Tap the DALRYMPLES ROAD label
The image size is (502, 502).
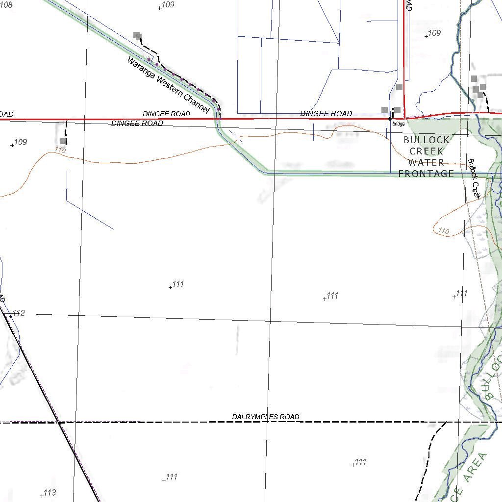265,417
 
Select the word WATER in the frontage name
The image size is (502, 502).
426,162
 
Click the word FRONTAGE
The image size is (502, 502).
426,174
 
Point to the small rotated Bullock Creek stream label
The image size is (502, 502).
474,178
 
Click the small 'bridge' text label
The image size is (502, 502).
399,125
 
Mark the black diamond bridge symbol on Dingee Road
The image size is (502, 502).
390,119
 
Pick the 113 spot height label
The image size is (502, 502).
50,493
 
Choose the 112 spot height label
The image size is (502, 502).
19,313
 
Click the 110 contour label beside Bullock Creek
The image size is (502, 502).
444,231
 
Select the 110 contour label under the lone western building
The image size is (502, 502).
60,151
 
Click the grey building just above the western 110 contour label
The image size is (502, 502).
63,141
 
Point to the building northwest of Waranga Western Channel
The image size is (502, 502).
137,35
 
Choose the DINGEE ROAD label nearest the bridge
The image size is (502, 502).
326,114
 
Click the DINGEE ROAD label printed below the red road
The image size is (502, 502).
137,124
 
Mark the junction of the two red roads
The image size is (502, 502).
404,118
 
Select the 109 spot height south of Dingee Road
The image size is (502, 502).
20,142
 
